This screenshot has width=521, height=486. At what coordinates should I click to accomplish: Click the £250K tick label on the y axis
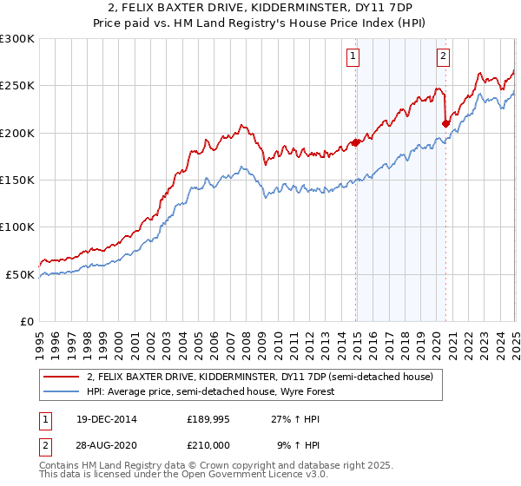click(x=17, y=86)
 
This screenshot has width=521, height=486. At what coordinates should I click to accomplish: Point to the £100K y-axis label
click(x=17, y=227)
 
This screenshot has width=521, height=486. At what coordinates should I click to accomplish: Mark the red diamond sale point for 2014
click(x=356, y=142)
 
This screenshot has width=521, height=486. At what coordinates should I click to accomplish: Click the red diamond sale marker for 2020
click(x=445, y=124)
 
